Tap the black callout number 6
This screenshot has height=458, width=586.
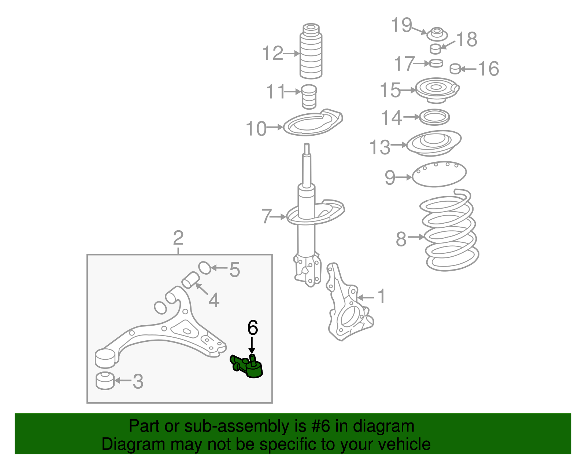pyautogui.click(x=253, y=327)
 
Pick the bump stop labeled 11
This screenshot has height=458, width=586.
pyautogui.click(x=309, y=96)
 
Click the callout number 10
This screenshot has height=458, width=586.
pyautogui.click(x=256, y=129)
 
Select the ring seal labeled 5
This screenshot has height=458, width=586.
pyautogui.click(x=205, y=268)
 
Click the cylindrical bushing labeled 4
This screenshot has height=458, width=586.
pyautogui.click(x=190, y=281)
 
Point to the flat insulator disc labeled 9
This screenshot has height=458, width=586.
pyautogui.click(x=439, y=174)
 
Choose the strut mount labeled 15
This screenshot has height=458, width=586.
pyautogui.click(x=437, y=89)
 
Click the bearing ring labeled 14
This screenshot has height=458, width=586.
pyautogui.click(x=434, y=117)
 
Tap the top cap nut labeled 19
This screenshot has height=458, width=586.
pyautogui.click(x=437, y=34)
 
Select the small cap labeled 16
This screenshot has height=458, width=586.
pyautogui.click(x=455, y=69)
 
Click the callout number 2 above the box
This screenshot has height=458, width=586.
pyautogui.click(x=178, y=238)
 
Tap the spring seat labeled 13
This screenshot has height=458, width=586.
pyautogui.click(x=434, y=142)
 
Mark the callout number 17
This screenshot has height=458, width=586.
pyautogui.click(x=404, y=64)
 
